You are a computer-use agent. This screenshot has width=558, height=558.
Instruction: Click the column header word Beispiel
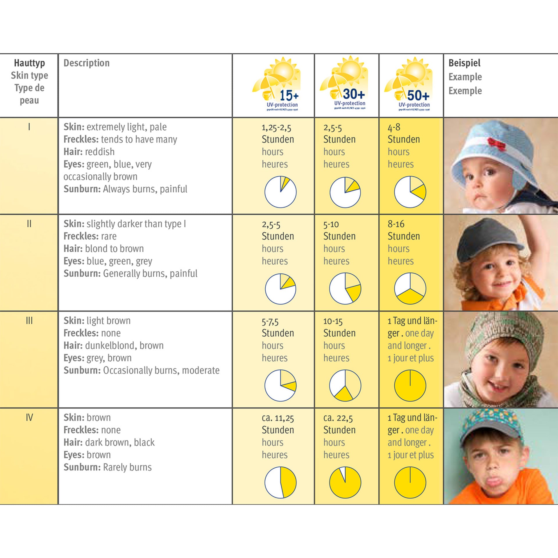coord(464,63)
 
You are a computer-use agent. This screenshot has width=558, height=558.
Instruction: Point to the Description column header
coord(87,63)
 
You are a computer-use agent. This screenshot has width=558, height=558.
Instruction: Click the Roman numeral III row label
coord(29,321)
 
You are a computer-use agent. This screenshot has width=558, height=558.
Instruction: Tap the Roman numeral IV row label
coord(29,418)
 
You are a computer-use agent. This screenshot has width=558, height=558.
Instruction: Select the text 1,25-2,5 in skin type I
coord(276,128)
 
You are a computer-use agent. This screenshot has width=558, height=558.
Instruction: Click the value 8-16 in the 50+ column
coord(396,224)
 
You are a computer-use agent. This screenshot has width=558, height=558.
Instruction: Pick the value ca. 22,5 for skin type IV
coord(338,418)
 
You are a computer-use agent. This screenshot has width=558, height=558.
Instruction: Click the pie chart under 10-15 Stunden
coord(345,385)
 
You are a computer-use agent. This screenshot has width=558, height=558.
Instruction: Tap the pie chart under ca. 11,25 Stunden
coord(280,482)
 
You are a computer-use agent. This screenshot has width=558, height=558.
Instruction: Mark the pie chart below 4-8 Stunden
coord(410,192)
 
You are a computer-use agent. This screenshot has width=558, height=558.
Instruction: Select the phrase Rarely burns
coord(127,467)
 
